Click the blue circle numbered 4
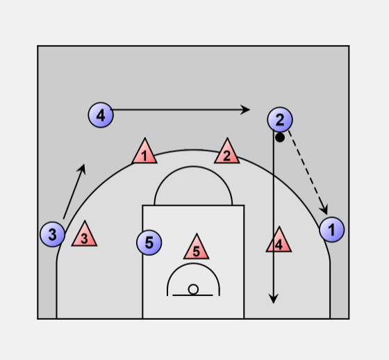pyautogui.click(x=101, y=115)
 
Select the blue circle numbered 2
pyautogui.click(x=280, y=120)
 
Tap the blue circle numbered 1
pyautogui.click(x=332, y=229)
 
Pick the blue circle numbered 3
pyautogui.click(x=52, y=234)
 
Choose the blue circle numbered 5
pyautogui.click(x=149, y=243)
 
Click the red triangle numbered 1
pyautogui.click(x=144, y=152)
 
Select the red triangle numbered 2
pyautogui.click(x=226, y=152)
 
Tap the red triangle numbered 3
pyautogui.click(x=84, y=235)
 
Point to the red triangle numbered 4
pyautogui.click(x=279, y=240)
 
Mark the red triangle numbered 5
pyautogui.click(x=196, y=247)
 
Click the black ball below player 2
pyautogui.click(x=280, y=138)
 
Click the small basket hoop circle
pyautogui.click(x=193, y=290)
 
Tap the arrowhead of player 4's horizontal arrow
pyautogui.click(x=245, y=110)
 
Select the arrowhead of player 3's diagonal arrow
pyautogui.click(x=82, y=169)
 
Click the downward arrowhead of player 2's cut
pyautogui.click(x=274, y=299)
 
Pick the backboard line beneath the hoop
pyautogui.click(x=193, y=295)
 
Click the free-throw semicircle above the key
pyautogui.click(x=193, y=167)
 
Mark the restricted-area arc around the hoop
pyautogui.click(x=193, y=264)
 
